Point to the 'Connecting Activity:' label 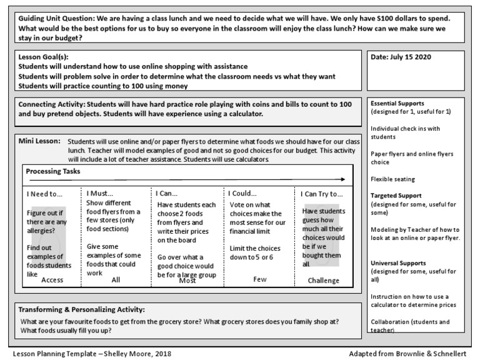coord(51,103)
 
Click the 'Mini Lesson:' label coord(39,141)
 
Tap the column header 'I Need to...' coord(44,194)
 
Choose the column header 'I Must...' coord(100,194)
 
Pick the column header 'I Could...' coord(242,194)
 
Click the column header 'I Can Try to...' coord(322,194)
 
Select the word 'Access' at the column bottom coord(52,281)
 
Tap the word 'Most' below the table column coord(187,281)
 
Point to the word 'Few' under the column coord(260,281)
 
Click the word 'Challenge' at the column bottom coord(323,281)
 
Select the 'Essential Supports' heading coord(397,103)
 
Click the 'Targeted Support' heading coord(396,196)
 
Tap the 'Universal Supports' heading coord(398,263)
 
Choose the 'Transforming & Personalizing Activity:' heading coord(81,309)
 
